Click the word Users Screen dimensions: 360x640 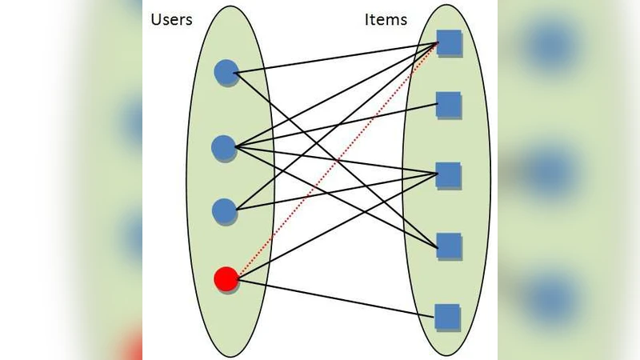[171, 19]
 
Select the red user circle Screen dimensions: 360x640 [226, 279]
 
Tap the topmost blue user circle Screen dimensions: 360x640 [226, 73]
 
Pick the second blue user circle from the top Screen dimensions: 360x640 [224, 146]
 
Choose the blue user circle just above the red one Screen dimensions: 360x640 [226, 211]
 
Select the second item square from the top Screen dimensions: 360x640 [449, 104]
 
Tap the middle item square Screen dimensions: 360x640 [449, 174]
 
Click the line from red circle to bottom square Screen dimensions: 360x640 [336, 297]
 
